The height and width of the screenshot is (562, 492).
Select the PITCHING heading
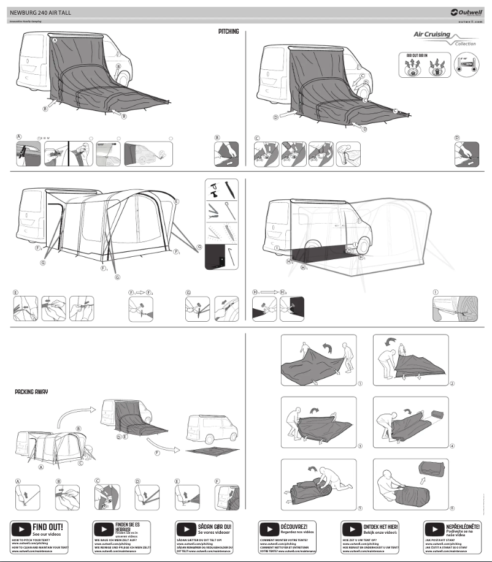point(228,31)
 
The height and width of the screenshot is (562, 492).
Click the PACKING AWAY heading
point(31,391)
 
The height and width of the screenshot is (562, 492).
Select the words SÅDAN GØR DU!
point(214,526)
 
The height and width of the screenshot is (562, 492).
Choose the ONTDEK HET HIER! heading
point(381,526)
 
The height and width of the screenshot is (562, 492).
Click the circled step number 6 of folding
point(452,508)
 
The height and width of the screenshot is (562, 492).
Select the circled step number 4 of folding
point(452,446)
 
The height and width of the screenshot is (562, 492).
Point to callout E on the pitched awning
point(177,201)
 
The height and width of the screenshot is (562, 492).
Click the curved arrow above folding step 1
point(330,348)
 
